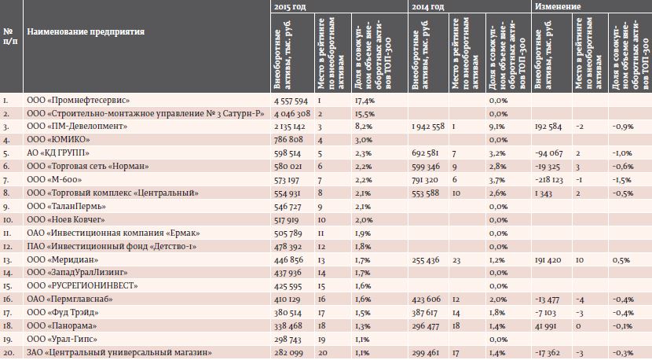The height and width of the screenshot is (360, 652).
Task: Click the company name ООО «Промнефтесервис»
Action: [79, 101]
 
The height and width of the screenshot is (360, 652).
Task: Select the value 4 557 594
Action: [291, 101]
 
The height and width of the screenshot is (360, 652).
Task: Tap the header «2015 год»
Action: [290, 6]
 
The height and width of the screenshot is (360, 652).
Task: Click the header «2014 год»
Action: [428, 6]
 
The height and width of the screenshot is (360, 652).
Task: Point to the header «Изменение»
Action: [558, 6]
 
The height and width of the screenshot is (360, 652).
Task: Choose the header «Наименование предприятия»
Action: [86, 31]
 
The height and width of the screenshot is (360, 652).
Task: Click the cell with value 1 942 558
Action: [428, 127]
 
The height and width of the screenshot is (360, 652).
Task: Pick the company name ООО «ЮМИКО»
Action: [58, 139]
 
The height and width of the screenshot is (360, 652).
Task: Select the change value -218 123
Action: [550, 180]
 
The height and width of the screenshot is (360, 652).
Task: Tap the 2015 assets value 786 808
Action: [288, 140]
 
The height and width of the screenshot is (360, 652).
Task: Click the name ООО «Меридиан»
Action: [62, 259]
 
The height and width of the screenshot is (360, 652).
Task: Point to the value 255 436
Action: [427, 260]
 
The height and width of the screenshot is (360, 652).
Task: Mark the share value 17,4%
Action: [364, 101]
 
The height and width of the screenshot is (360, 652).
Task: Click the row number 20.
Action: [9, 353]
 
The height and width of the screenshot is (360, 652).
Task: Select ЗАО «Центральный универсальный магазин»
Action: [119, 352]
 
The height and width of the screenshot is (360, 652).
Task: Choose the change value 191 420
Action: [548, 260]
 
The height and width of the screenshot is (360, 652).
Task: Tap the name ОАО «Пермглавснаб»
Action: [69, 299]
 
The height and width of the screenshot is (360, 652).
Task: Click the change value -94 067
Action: [549, 153]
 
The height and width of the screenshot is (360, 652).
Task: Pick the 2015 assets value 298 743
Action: [288, 340]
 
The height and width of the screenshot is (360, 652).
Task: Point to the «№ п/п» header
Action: [10, 37]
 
